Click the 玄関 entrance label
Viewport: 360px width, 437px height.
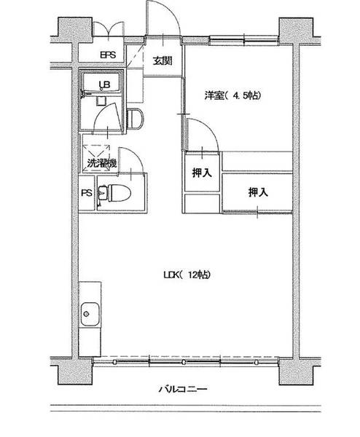pos(163,61)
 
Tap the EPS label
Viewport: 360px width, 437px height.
pos(107,54)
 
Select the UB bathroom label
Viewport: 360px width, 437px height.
pos(105,84)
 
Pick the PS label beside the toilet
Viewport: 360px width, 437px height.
pos(87,194)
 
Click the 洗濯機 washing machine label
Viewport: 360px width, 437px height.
pos(101,163)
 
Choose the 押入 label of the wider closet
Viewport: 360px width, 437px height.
pos(257,192)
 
